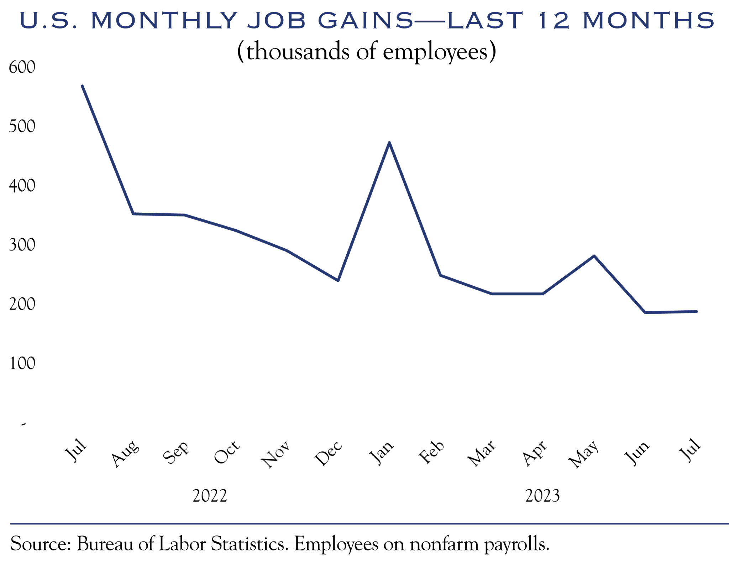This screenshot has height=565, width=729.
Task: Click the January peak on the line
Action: [x=389, y=143]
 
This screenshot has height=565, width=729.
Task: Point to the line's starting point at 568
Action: [x=82, y=86]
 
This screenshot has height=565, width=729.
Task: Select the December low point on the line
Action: [x=338, y=281]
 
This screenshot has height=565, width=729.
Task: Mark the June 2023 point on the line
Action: [x=645, y=312]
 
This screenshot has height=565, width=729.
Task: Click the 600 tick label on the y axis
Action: [x=22, y=67]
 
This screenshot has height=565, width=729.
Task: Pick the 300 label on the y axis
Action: [x=22, y=245]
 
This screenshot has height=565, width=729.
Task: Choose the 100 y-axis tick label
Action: [x=22, y=363]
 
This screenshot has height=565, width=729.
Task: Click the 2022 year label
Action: [x=210, y=496]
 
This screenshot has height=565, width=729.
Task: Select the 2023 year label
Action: [x=542, y=496]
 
